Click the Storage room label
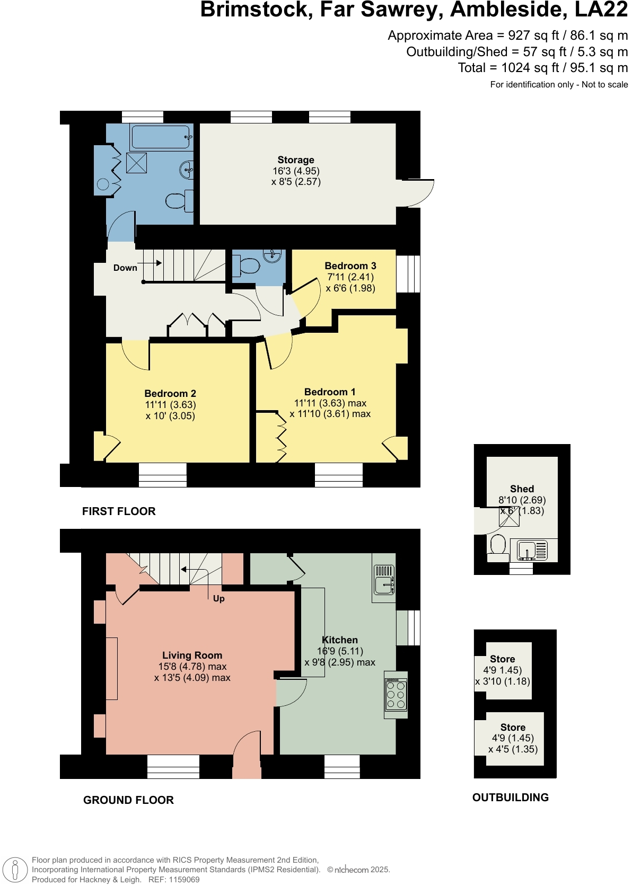[296, 160]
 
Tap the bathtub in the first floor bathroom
[161, 137]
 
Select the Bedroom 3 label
[350, 266]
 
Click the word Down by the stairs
[125, 268]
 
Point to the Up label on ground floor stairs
[218, 599]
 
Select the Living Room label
[192, 655]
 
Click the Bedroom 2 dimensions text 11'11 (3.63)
[170, 405]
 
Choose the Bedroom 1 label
[330, 392]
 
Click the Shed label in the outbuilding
[522, 489]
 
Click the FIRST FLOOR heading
[119, 511]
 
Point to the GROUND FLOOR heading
[128, 800]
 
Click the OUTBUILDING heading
[510, 798]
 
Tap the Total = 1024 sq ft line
[542, 68]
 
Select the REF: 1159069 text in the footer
[174, 880]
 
